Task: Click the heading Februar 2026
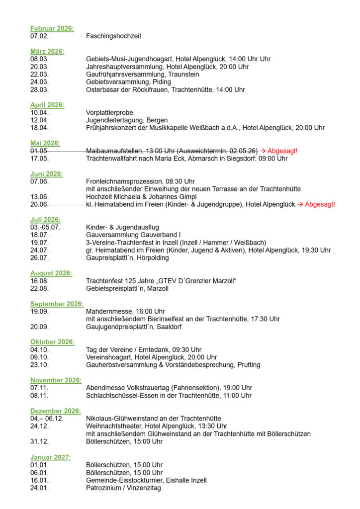[52, 28]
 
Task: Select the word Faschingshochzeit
[113, 36]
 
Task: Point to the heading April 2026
[47, 105]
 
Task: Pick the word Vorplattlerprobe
[109, 113]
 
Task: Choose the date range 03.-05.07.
[45, 227]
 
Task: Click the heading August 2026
[51, 273]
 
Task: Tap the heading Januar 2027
[50, 457]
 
